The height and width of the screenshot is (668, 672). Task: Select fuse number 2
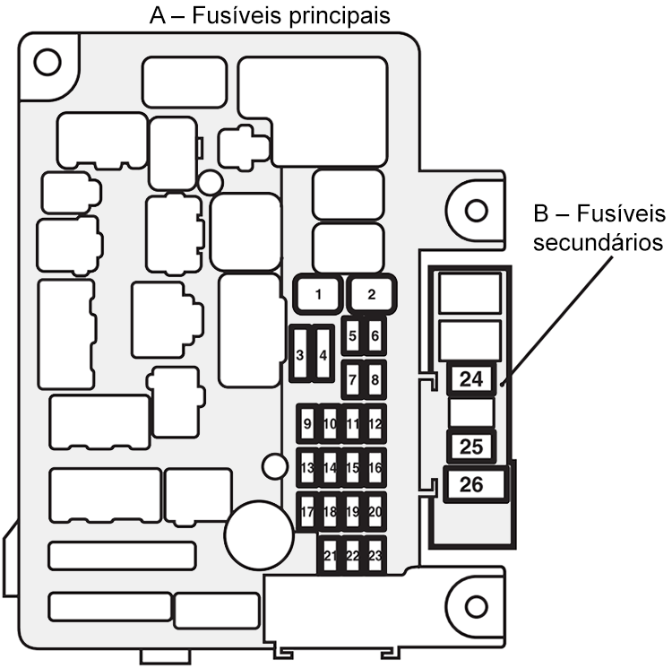point(372,292)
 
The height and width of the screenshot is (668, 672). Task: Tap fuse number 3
point(300,355)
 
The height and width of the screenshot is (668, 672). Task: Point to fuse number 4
point(323,355)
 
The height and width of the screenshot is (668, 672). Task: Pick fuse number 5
point(353,336)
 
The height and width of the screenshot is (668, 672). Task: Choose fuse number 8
point(375,379)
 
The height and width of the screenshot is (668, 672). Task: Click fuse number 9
point(307,424)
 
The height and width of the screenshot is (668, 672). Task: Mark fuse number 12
point(375,424)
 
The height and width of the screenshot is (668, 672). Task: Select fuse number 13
point(307,467)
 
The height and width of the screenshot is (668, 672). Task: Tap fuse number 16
point(375,467)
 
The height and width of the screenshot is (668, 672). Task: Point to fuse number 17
point(307,512)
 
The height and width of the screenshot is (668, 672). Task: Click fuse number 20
point(375,512)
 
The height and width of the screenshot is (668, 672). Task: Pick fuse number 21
point(330,556)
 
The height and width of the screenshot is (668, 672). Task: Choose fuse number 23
point(375,556)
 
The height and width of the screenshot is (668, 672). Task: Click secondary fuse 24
point(470,379)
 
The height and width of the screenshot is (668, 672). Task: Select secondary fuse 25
point(470,446)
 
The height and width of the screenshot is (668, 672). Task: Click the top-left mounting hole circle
point(47,62)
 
